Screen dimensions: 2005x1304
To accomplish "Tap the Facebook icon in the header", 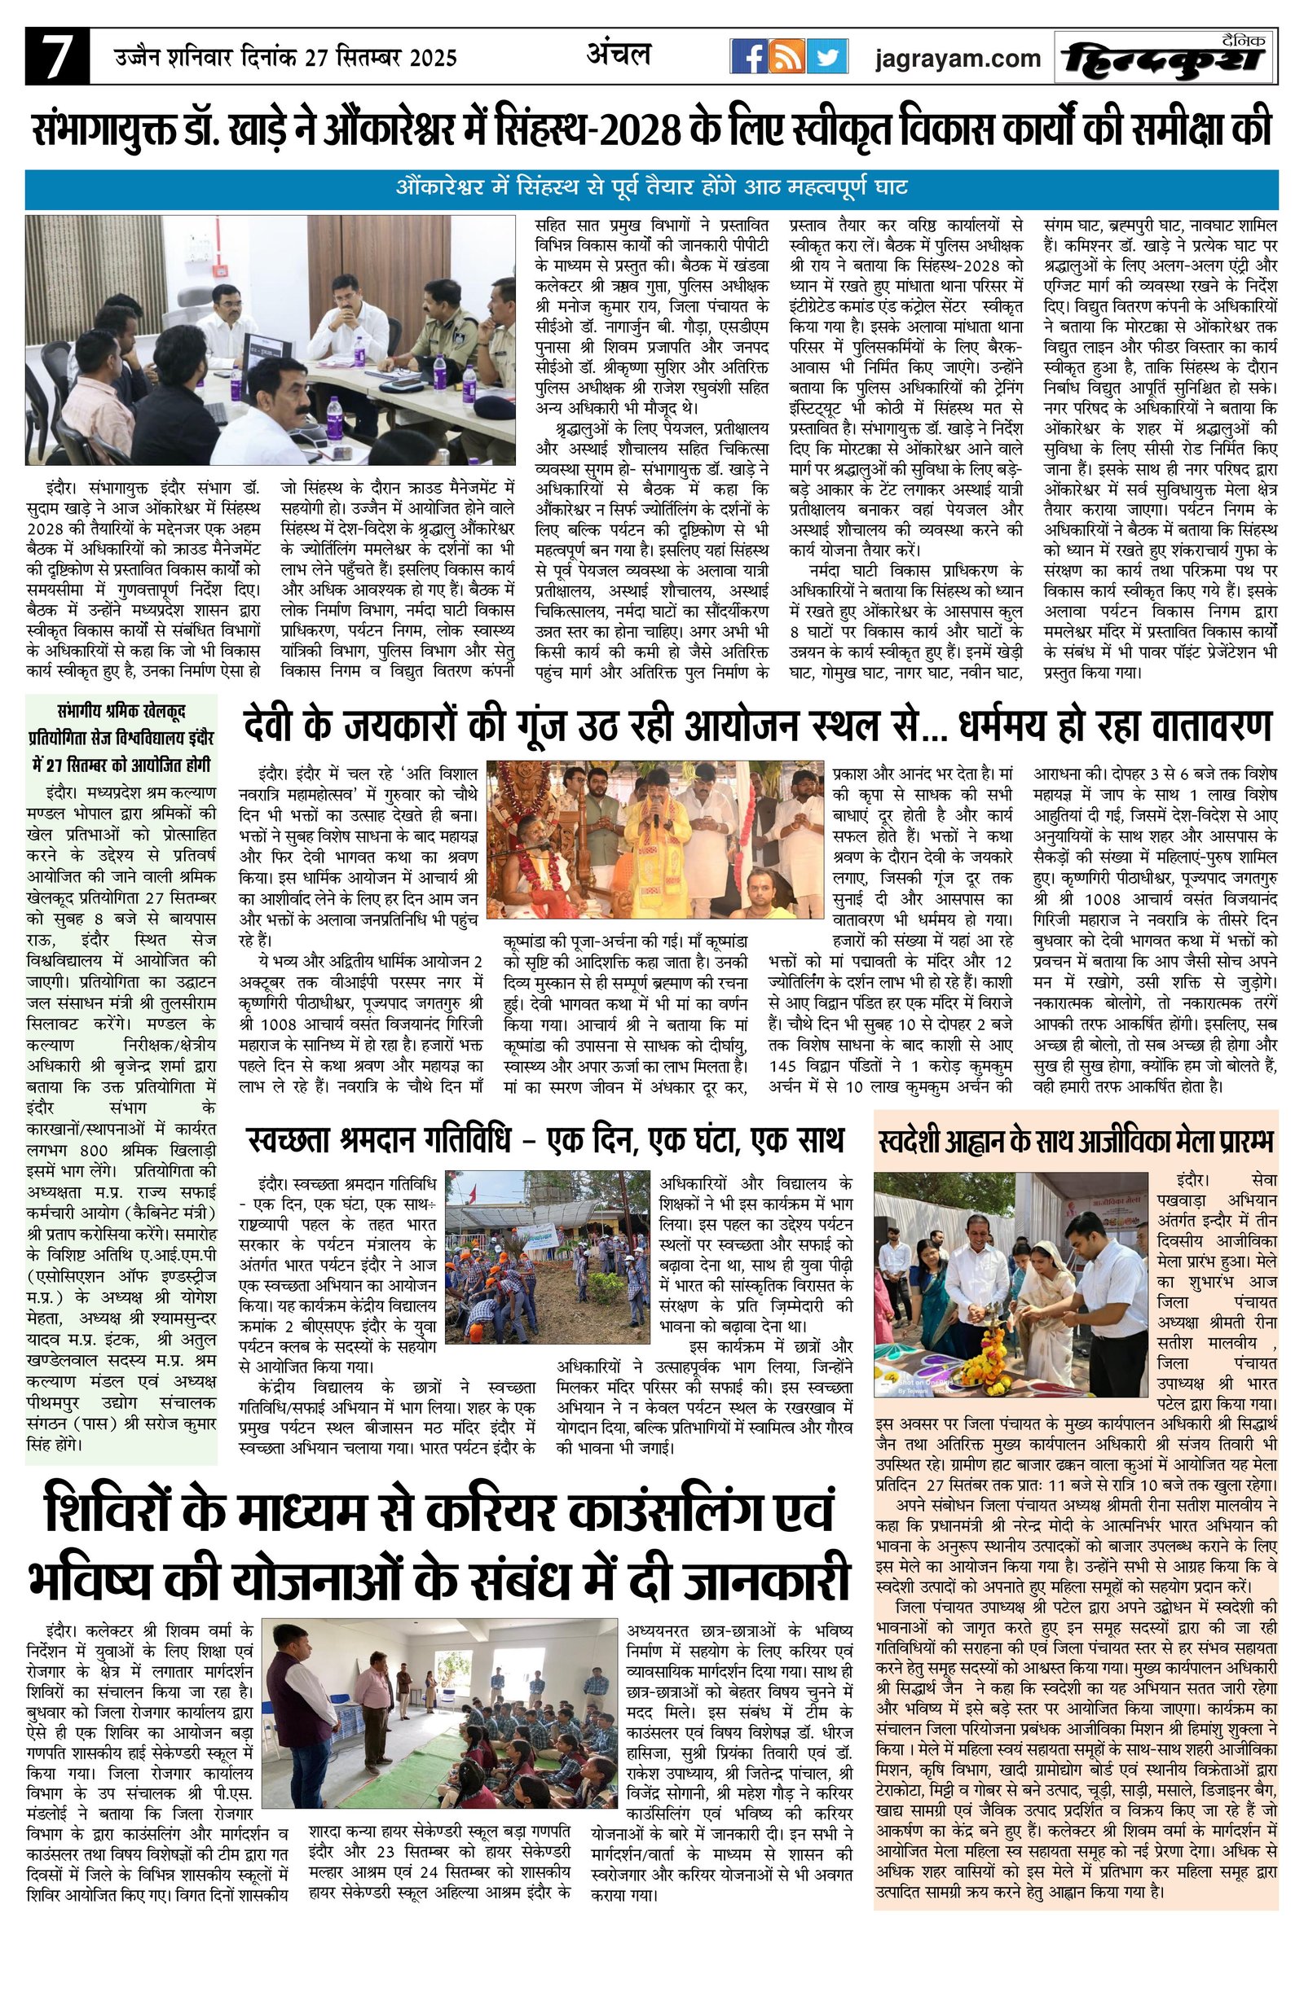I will tap(747, 57).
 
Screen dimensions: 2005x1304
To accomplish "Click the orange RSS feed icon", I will tap(788, 57).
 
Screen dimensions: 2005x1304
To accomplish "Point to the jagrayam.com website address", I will tap(958, 58).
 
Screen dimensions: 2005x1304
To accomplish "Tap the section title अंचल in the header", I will tap(619, 55).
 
